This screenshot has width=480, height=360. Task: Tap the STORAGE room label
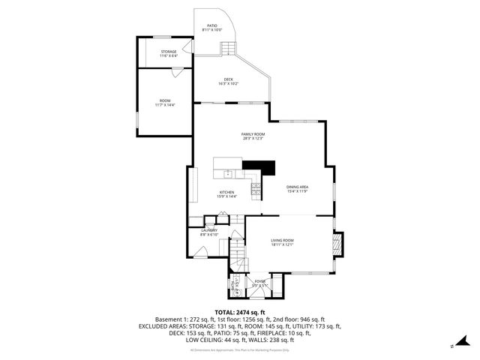tap(168, 51)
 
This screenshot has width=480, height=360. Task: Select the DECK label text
tap(229, 80)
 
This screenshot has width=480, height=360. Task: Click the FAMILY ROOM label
tap(253, 133)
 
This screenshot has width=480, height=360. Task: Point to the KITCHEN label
tap(226, 191)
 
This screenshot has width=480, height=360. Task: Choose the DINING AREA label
tap(298, 187)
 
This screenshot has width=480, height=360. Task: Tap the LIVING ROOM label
tap(282, 239)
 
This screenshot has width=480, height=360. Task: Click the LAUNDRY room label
tap(209, 230)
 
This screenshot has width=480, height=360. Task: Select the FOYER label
tap(259, 280)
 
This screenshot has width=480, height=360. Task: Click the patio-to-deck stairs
tap(227, 48)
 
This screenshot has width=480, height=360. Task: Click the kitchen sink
tap(228, 174)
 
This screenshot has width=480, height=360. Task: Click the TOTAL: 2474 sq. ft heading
tap(240, 312)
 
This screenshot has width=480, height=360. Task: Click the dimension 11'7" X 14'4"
tap(164, 106)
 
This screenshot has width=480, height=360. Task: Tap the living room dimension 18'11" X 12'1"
tap(282, 244)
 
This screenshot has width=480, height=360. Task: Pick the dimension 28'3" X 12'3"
tap(253, 138)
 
